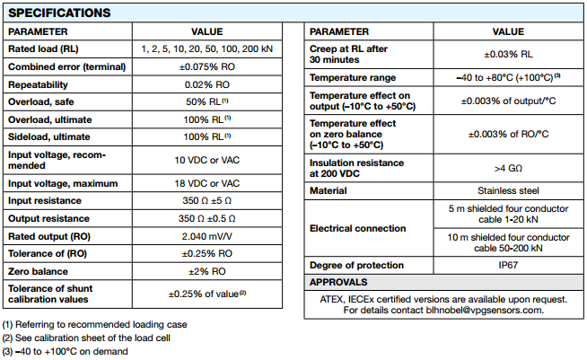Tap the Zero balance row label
pos(40,270)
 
